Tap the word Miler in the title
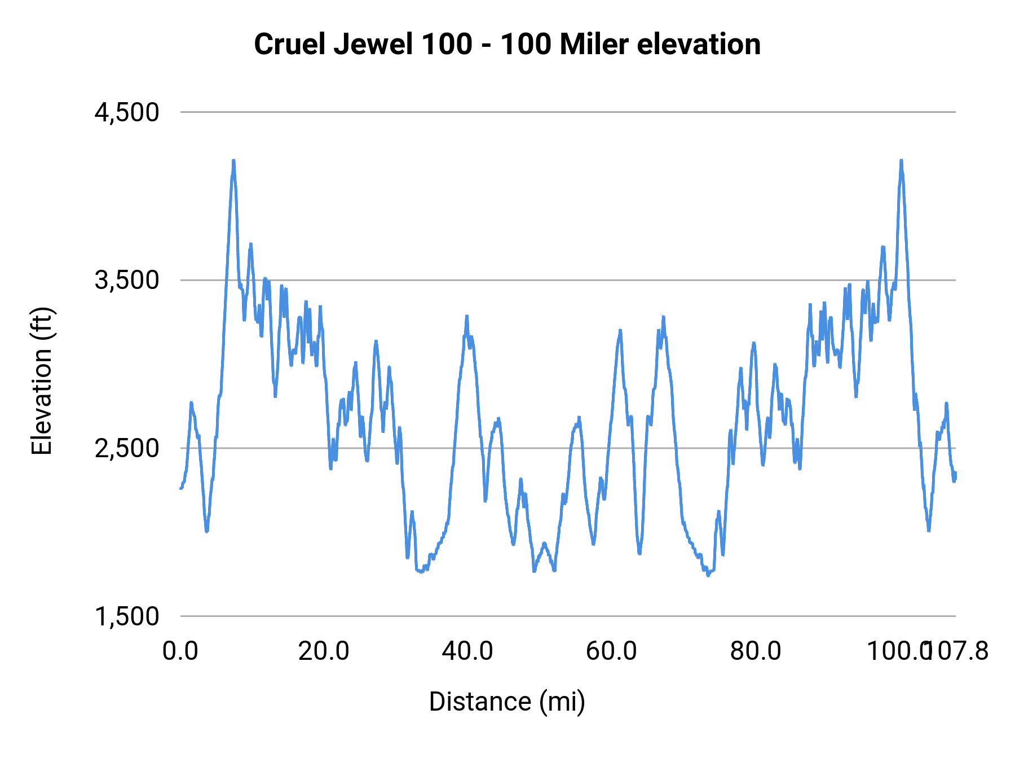594,44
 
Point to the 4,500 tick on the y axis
127,112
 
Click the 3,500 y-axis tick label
127,280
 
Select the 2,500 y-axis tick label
127,448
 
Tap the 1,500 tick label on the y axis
127,616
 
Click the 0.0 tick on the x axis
180,651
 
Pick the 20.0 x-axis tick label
324,651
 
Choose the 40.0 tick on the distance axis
467,651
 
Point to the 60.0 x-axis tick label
611,651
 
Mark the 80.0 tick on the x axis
756,651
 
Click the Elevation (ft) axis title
42,381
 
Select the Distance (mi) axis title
507,702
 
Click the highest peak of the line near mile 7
233,161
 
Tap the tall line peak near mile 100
901,161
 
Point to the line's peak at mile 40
467,317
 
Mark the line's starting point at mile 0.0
181,488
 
